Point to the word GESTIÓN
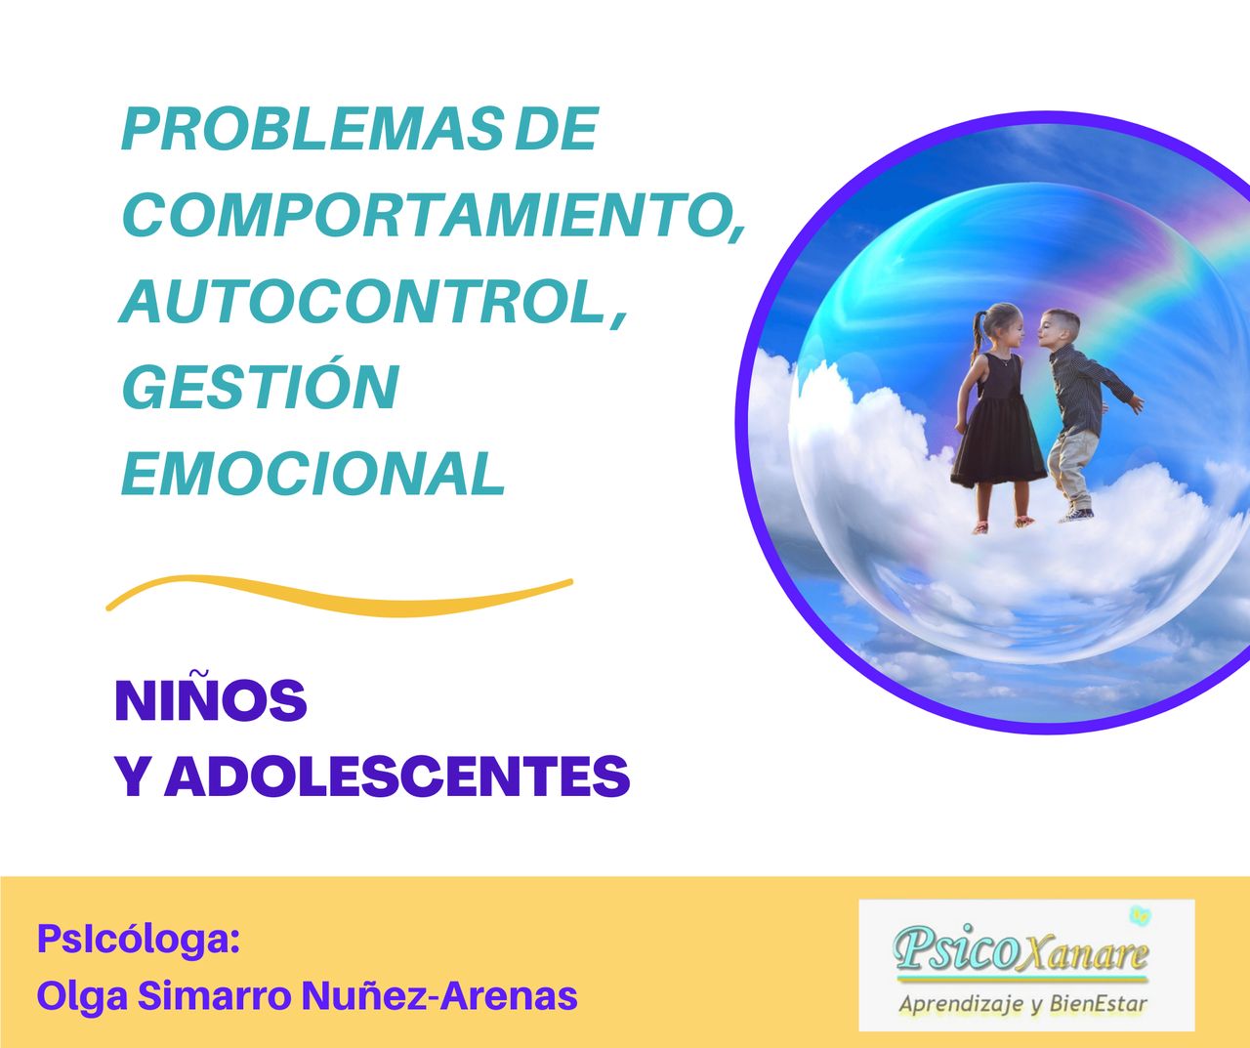(260, 387)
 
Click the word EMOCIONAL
(312, 474)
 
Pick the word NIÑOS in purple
(211, 700)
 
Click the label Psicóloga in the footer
(138, 940)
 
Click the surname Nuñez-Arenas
(438, 996)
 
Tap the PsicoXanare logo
(1021, 946)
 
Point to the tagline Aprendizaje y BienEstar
(1022, 1003)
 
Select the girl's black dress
(998, 430)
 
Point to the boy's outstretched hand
(1135, 403)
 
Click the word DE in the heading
(555, 130)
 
